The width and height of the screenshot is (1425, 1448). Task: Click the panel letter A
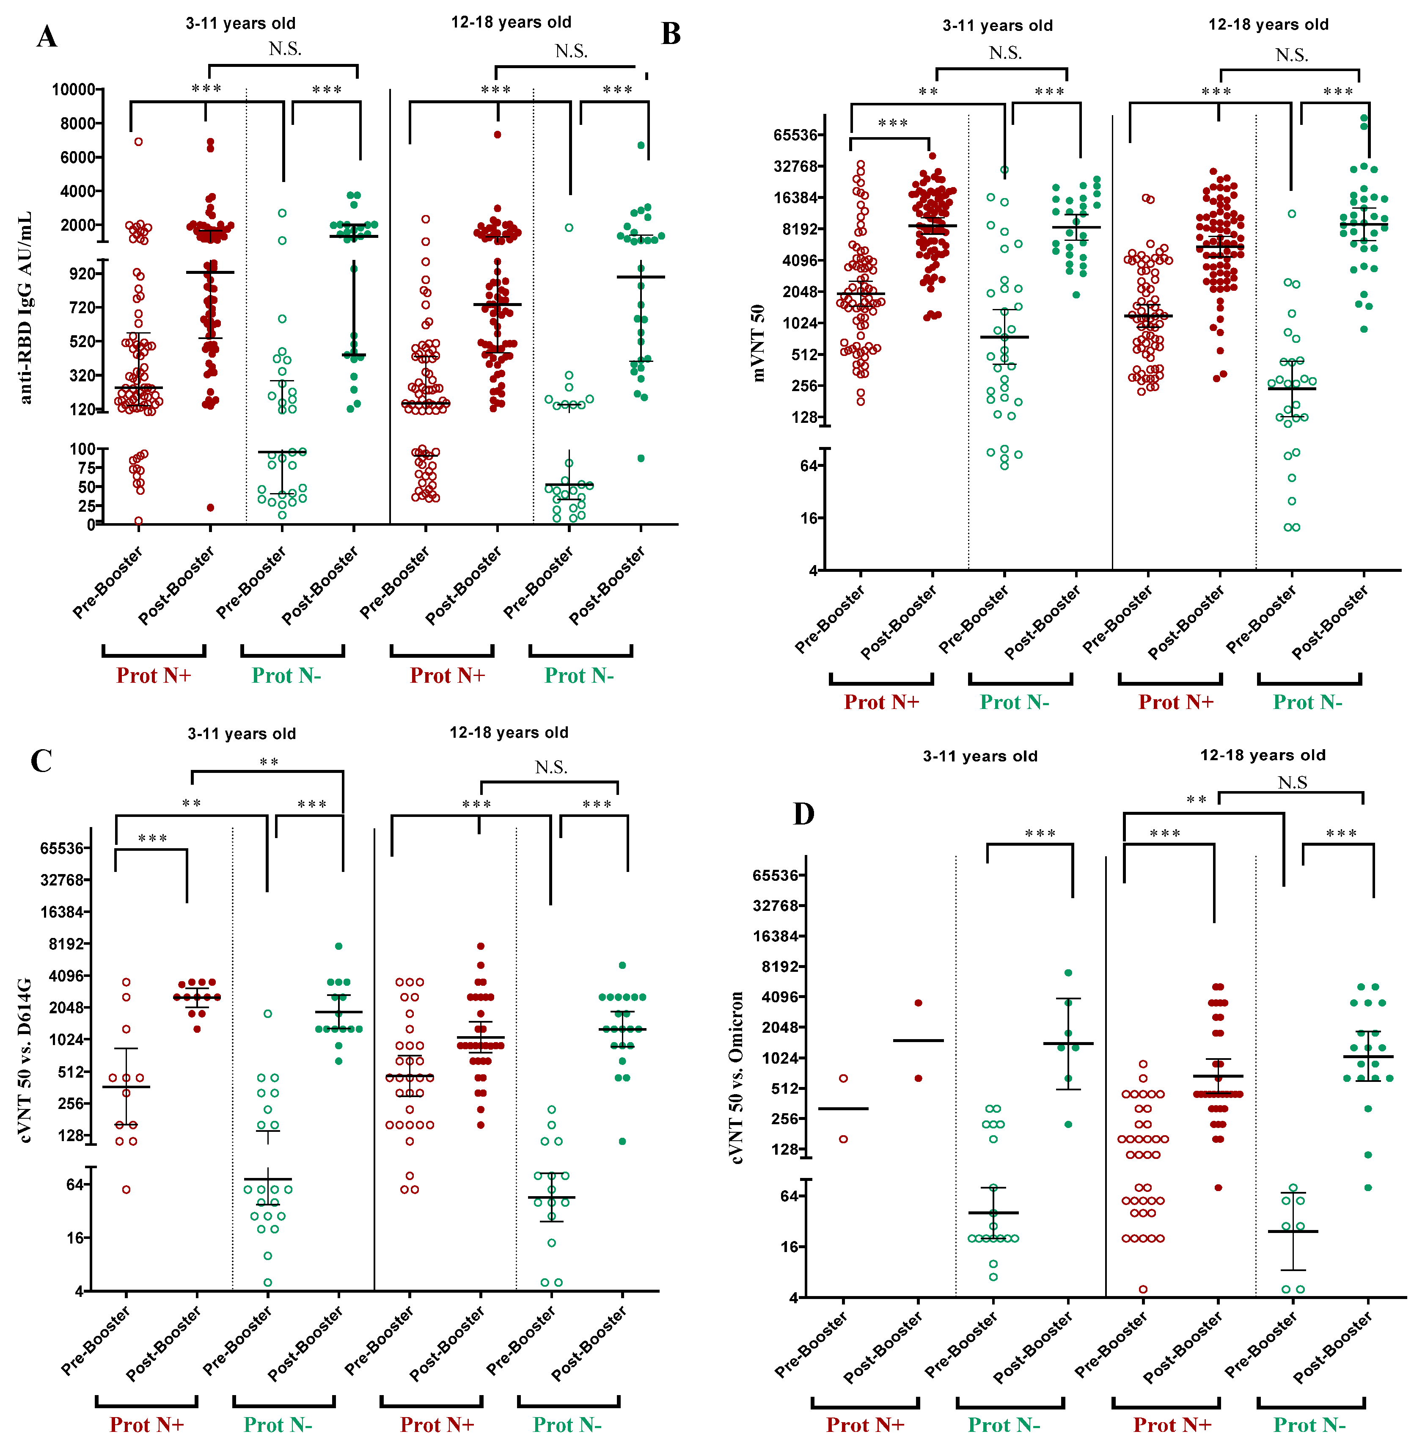coord(47,36)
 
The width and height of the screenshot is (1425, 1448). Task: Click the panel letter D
coord(803,814)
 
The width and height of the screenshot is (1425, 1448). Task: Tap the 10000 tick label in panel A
coord(73,90)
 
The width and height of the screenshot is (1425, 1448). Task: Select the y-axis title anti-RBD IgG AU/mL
coord(26,307)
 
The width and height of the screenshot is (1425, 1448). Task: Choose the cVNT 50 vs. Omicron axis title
coord(737,1078)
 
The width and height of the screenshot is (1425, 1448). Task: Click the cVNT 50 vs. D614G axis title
coord(26,1059)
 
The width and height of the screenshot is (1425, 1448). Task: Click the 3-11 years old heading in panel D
coord(980,756)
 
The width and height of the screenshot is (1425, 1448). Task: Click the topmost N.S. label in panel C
coord(551,767)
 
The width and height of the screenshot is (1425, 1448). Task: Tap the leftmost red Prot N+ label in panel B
coord(881,702)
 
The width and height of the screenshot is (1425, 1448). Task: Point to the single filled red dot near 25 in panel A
coord(210,507)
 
